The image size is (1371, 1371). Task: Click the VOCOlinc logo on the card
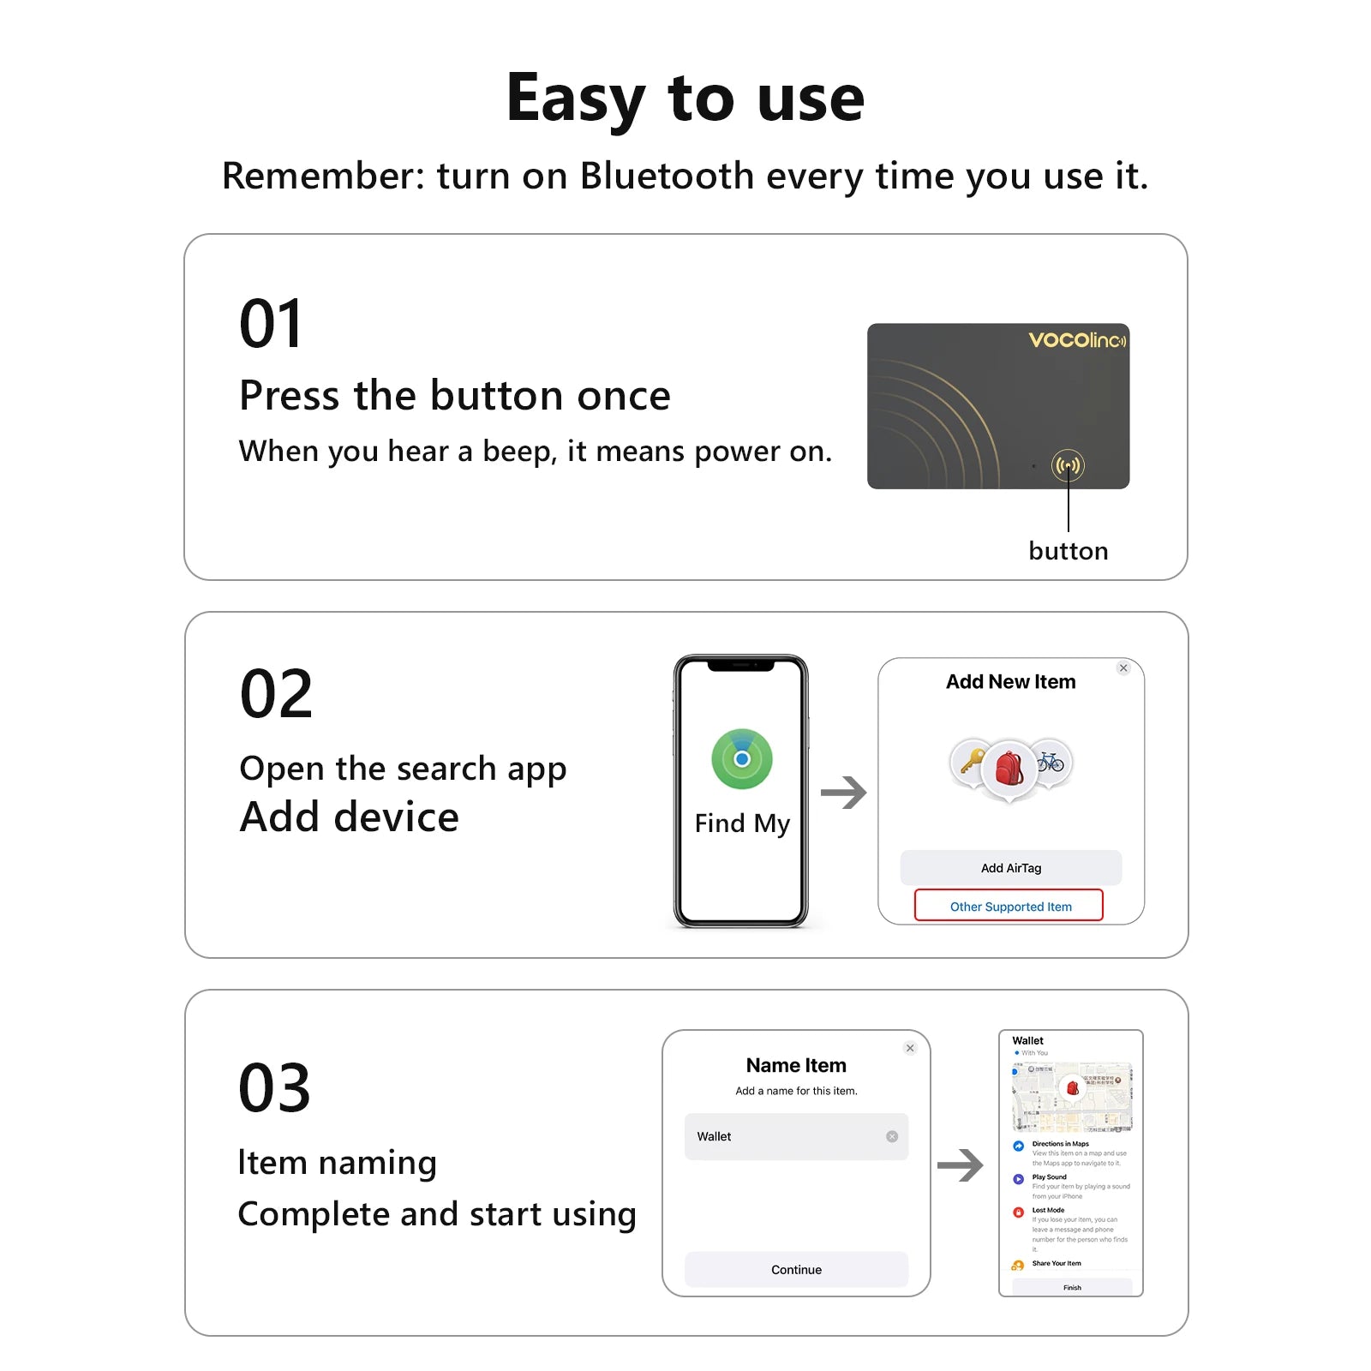click(1076, 340)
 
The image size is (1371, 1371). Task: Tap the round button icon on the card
click(1068, 465)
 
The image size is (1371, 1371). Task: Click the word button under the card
click(1068, 551)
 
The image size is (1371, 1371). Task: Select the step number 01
click(271, 324)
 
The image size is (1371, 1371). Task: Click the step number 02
click(276, 694)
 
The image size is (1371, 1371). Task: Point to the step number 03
click(274, 1088)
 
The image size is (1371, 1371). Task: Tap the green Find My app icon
click(742, 759)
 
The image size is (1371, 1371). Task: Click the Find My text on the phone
click(742, 823)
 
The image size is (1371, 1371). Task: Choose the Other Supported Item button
click(1009, 906)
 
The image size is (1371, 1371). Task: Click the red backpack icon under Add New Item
click(1009, 768)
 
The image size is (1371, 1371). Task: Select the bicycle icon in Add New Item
click(1050, 760)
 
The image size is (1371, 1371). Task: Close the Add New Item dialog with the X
click(1123, 668)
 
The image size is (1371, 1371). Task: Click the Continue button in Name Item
click(796, 1269)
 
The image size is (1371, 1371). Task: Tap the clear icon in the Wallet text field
click(892, 1136)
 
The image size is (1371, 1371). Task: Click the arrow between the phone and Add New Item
click(843, 793)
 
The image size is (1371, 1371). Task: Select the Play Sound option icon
click(1018, 1179)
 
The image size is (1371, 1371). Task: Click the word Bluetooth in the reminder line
click(667, 176)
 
